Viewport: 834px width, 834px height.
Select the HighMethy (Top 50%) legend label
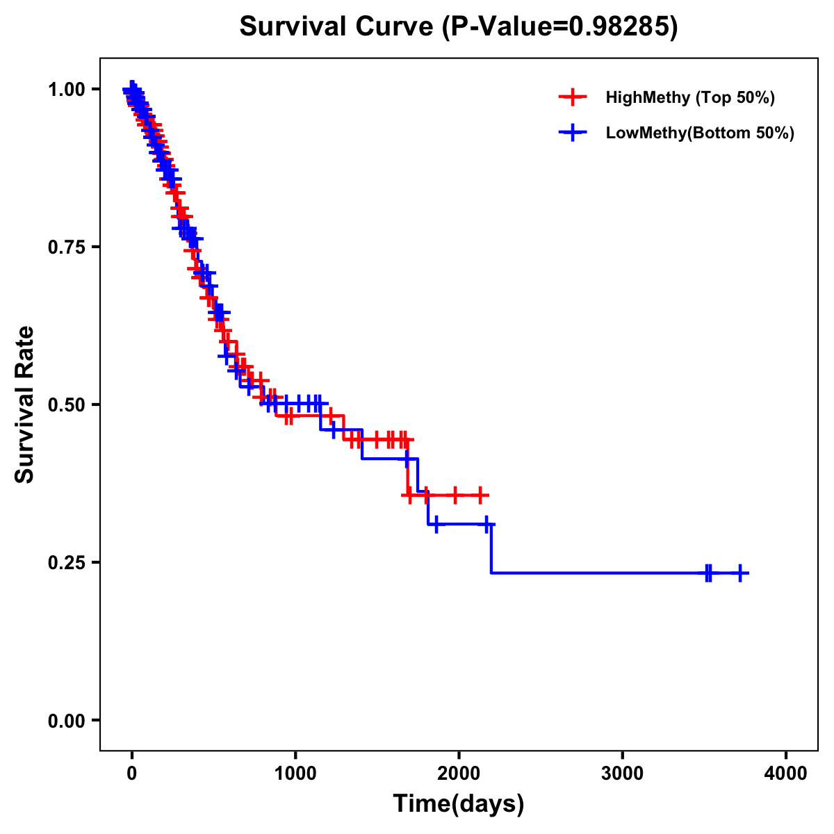coord(690,97)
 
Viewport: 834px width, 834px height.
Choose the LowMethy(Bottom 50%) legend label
coord(700,133)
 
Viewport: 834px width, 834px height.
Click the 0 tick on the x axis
coord(131,774)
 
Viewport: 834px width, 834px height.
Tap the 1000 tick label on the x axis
coord(295,774)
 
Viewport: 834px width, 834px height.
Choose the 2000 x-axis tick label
coord(459,774)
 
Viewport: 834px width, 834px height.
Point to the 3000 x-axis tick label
coord(622,774)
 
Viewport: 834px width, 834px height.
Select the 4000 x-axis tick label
coord(786,774)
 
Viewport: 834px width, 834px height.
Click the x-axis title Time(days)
coord(459,804)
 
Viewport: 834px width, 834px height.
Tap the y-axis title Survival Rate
coord(25,404)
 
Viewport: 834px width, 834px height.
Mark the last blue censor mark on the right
coord(740,573)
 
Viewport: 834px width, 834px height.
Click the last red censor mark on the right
coord(480,495)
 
